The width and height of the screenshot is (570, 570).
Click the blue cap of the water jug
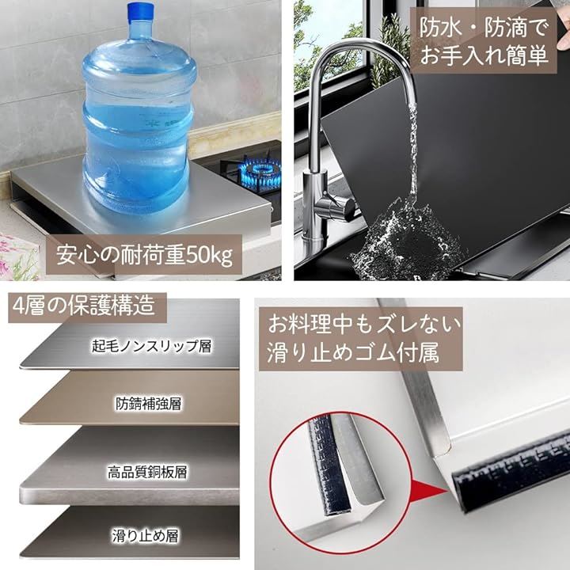(140, 11)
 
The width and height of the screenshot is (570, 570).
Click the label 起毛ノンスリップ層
(151, 346)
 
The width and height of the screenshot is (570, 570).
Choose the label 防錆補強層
(148, 403)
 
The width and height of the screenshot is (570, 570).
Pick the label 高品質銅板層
(147, 472)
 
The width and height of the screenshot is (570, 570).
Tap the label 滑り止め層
(145, 536)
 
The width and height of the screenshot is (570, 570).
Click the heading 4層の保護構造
(84, 306)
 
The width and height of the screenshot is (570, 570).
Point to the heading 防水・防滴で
(483, 27)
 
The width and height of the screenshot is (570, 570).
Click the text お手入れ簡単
(484, 55)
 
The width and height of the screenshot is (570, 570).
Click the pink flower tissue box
(19, 256)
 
